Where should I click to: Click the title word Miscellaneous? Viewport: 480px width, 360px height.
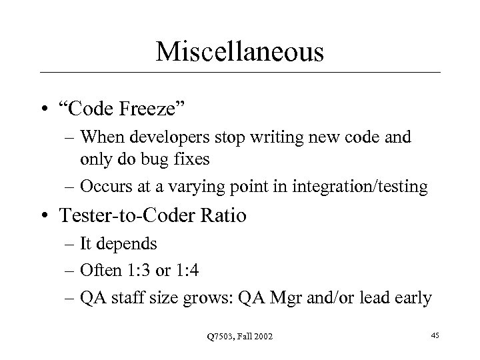coord(240,51)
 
